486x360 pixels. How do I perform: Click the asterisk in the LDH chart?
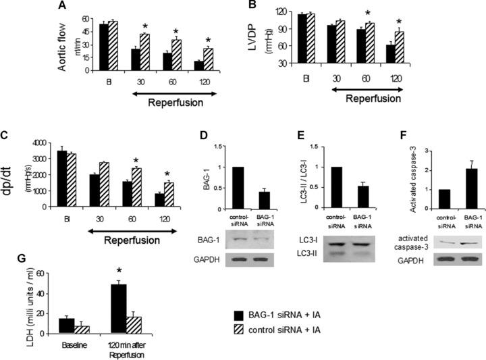click(119, 277)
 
